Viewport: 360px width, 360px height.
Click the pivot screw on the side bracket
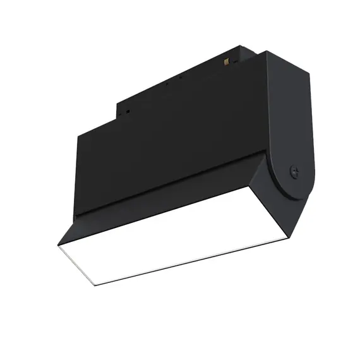tap(292, 170)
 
